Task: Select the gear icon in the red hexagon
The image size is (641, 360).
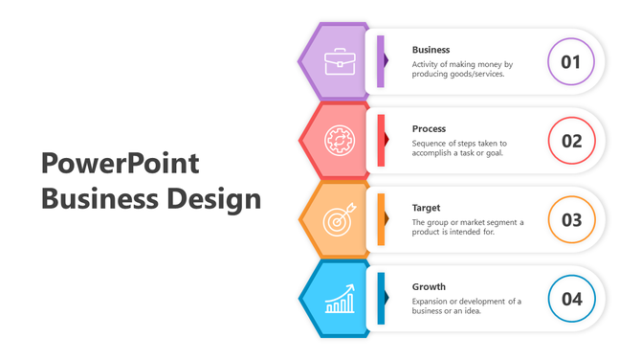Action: coord(338,141)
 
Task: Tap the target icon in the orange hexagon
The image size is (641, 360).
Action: coord(338,220)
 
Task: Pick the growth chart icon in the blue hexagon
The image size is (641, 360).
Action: coord(338,299)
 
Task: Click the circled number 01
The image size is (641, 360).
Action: coord(571,62)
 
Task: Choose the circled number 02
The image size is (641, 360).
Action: coord(571,141)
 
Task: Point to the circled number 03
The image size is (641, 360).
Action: coord(571,220)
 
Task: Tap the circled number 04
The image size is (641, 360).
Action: coord(571,299)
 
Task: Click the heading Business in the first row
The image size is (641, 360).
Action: coord(431,49)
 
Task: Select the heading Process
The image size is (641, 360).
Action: coord(429,128)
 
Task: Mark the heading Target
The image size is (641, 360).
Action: coord(426,208)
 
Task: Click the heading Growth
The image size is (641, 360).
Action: coord(429,286)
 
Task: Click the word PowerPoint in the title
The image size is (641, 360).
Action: coord(121,163)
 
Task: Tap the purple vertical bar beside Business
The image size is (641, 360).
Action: coord(381,61)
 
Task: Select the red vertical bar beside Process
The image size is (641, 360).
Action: coord(381,141)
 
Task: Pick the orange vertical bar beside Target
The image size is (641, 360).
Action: coord(381,219)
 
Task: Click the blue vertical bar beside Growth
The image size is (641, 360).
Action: coord(381,299)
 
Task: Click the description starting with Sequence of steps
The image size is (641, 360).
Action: coord(459,147)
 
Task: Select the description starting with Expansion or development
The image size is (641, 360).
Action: coord(467,305)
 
